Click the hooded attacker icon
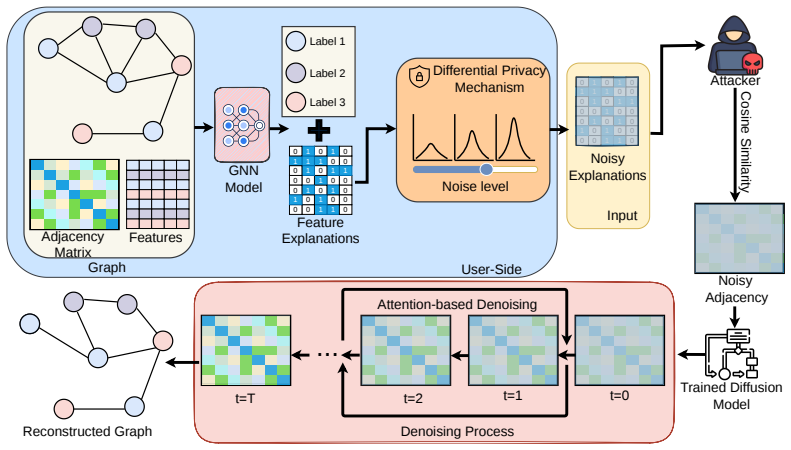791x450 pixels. click(x=734, y=45)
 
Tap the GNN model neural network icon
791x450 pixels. click(x=242, y=125)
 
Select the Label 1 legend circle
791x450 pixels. click(x=296, y=41)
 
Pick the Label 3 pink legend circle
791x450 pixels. click(x=296, y=102)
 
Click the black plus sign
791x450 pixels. click(x=319, y=131)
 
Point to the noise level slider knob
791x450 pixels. click(x=486, y=169)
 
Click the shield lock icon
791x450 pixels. click(x=419, y=76)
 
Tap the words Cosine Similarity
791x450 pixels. click(x=745, y=142)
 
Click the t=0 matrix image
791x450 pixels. click(x=619, y=351)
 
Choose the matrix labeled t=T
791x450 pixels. click(x=246, y=351)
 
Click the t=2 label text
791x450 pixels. click(x=413, y=399)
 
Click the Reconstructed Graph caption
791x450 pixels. click(x=87, y=432)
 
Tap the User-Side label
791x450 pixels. click(x=491, y=269)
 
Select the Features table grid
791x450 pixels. click(x=158, y=194)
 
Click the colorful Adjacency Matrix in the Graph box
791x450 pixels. click(x=75, y=194)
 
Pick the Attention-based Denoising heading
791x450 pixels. click(x=457, y=305)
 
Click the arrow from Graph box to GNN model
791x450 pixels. click(x=204, y=127)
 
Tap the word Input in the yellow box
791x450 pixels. click(x=622, y=216)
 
